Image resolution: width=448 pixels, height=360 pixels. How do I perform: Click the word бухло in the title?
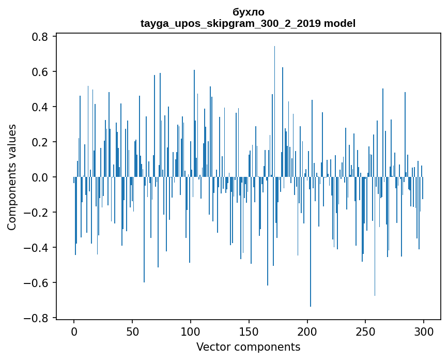tap(249, 12)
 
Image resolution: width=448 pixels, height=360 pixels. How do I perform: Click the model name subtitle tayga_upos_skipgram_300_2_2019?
tap(248, 23)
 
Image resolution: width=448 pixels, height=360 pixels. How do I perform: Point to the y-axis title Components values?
tap(12, 177)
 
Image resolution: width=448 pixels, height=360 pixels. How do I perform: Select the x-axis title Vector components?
tap(248, 347)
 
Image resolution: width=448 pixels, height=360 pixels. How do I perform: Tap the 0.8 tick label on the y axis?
tap(41, 37)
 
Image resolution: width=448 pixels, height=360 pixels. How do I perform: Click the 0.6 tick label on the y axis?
tap(41, 72)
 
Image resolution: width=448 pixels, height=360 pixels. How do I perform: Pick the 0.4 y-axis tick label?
tap(41, 107)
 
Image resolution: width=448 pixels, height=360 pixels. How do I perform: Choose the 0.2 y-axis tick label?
tap(41, 142)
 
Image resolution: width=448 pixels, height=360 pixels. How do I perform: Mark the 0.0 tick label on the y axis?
tap(41, 177)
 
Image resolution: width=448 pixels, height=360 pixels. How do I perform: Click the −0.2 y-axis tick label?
tap(37, 213)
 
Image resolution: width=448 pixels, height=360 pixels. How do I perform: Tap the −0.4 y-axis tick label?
tap(37, 248)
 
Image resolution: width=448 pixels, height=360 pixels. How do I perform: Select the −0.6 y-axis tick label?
tap(37, 283)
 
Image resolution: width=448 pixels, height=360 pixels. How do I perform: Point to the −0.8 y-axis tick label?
tap(37, 318)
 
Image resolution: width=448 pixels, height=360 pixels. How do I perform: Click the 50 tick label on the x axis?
tap(132, 331)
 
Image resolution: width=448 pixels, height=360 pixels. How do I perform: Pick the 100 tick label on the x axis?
tap(191, 331)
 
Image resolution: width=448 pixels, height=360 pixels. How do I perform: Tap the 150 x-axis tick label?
tap(249, 331)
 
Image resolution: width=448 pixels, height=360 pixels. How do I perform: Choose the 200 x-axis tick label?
tap(307, 331)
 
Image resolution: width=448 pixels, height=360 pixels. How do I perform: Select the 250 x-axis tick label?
tap(365, 331)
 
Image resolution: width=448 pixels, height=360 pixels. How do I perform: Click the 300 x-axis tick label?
tap(424, 331)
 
